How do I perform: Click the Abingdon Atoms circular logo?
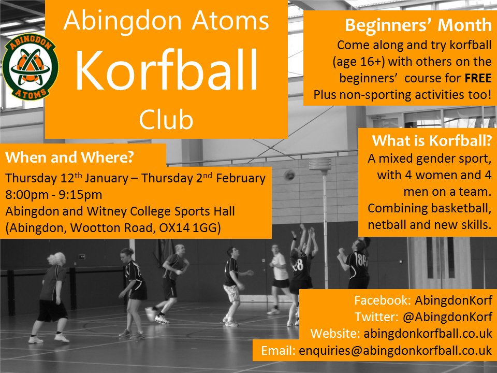tap(31, 66)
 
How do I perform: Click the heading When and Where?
tap(77, 157)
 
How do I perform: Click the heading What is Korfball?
tap(431, 141)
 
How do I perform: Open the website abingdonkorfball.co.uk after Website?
tap(428, 333)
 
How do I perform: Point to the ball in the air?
tap(290, 175)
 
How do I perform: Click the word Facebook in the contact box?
tap(380, 300)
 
